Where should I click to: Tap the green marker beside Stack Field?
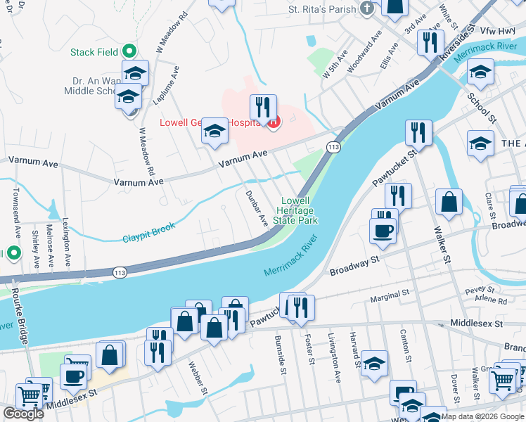[x=129, y=51]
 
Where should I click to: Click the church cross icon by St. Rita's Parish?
[x=366, y=9]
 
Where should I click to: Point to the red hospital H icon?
[x=274, y=122]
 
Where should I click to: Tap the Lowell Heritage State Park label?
[x=295, y=210]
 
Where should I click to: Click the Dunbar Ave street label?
[x=256, y=207]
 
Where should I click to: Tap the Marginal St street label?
[x=387, y=293]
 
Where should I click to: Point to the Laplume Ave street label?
[x=166, y=86]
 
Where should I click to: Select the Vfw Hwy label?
[x=496, y=31]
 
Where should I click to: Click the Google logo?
[x=23, y=414]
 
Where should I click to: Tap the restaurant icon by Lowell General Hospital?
[x=263, y=107]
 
